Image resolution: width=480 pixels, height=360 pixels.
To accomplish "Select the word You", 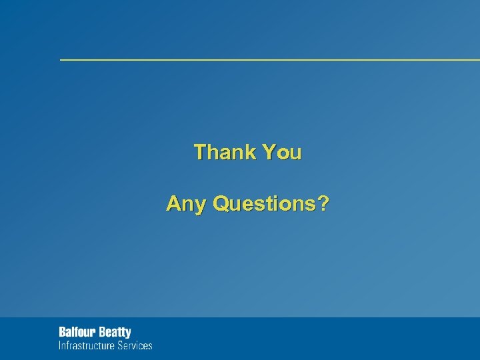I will pyautogui.click(x=282, y=153).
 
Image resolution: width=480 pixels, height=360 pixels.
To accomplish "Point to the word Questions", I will pyautogui.click(x=266, y=203).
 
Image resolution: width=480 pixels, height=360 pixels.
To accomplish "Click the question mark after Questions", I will pyautogui.click(x=323, y=203).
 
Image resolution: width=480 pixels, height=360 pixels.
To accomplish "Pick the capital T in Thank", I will pyautogui.click(x=199, y=153).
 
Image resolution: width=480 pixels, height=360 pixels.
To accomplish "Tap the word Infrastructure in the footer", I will pyautogui.click(x=86, y=345).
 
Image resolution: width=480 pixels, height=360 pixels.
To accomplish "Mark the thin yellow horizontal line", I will pyautogui.click(x=267, y=60).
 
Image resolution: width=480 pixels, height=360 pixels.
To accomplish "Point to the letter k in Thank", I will pyautogui.click(x=249, y=153).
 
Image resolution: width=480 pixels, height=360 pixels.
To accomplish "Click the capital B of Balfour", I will pyautogui.click(x=62, y=332).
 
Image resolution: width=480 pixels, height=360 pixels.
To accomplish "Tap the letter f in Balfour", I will pyautogui.click(x=75, y=332).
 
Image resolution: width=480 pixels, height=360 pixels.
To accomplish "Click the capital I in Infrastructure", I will pyautogui.click(x=60, y=345).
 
